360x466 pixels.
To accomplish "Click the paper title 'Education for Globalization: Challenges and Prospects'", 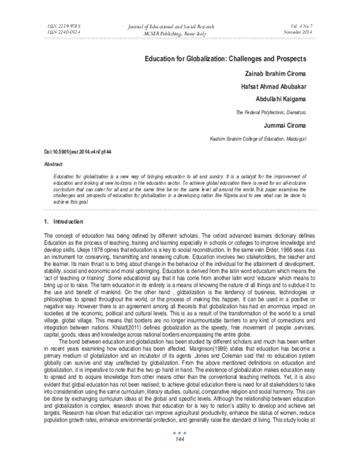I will [x=225, y=59].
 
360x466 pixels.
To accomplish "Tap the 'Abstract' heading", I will [x=55, y=163].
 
